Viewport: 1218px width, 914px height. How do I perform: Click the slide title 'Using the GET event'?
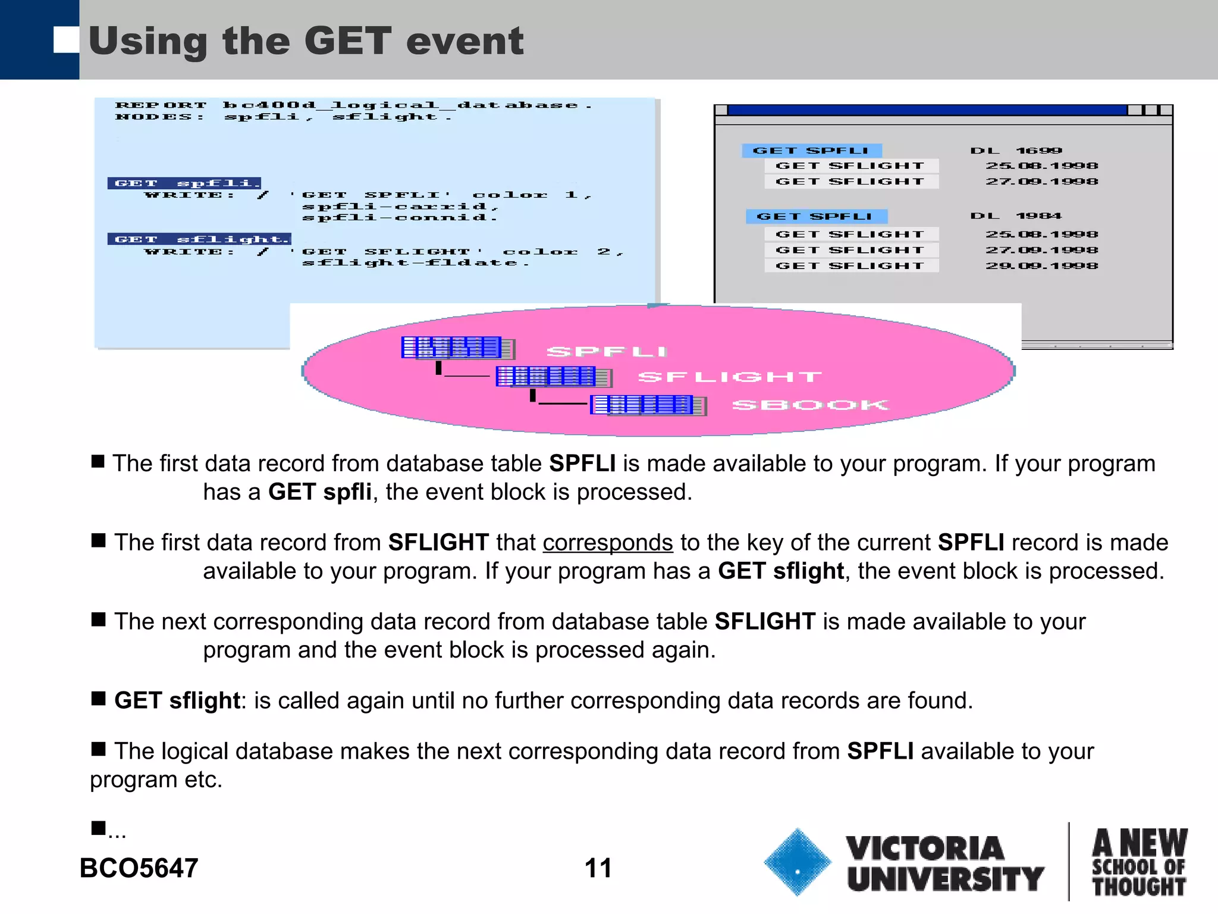tap(306, 41)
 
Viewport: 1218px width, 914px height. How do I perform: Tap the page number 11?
tap(598, 868)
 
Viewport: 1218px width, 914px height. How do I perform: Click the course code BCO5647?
tap(139, 868)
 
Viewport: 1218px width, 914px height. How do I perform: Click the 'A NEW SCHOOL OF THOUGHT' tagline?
tap(1138, 862)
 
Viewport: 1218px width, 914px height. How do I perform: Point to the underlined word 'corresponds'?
tap(607, 543)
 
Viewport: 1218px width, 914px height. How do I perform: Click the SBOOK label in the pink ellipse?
tap(810, 405)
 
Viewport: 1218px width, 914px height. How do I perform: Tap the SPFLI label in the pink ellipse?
tap(607, 352)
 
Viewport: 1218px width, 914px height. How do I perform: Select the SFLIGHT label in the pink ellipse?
tap(730, 377)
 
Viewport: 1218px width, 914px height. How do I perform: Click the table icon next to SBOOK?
tap(648, 405)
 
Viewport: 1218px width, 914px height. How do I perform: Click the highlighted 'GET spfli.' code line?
tap(184, 183)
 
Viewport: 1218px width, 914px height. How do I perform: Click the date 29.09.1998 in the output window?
tap(1041, 266)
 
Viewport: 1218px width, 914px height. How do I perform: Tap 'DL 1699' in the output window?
tap(1016, 151)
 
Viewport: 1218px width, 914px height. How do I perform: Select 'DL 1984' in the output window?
tap(1016, 216)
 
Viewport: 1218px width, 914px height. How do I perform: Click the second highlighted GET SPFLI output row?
tap(816, 217)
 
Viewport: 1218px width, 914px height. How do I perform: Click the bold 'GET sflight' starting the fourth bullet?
tap(177, 700)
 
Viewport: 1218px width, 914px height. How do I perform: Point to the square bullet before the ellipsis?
tap(98, 828)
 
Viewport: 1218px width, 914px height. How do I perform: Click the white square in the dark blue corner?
tap(65, 40)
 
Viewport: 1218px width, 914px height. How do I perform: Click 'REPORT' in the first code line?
tap(161, 105)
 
